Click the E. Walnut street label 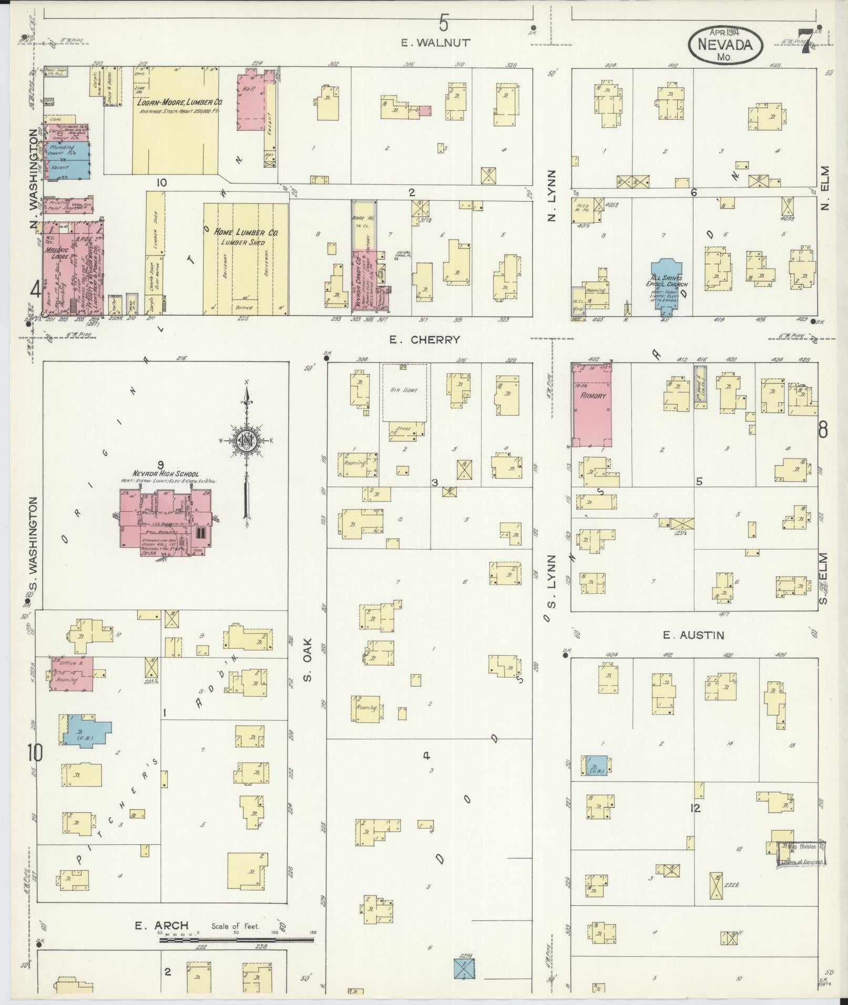(435, 43)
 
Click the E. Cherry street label (424, 340)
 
